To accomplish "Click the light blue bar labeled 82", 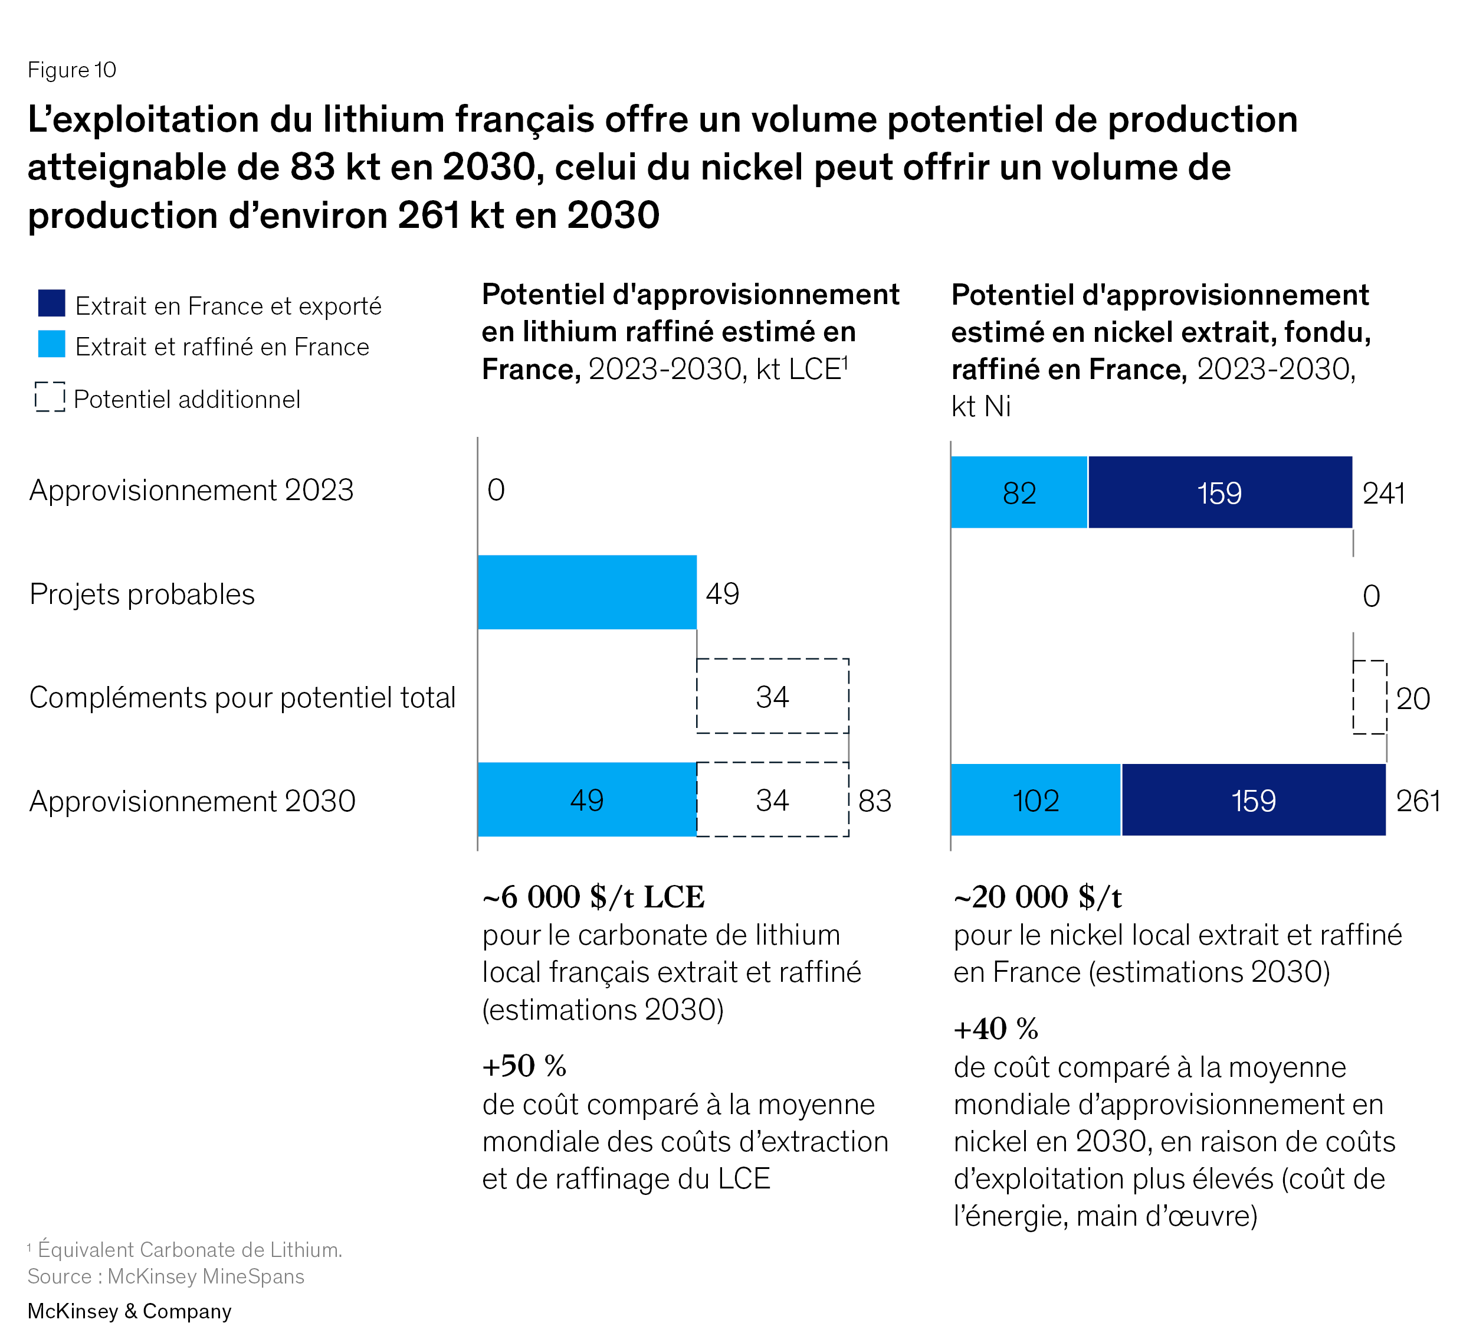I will point(1019,492).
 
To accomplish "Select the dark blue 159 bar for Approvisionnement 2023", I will point(1220,492).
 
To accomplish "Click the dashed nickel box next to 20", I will point(1369,697).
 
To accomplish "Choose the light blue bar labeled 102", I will point(1035,800).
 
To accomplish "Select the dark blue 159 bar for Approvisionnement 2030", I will point(1253,800).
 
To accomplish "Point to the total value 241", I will point(1383,494).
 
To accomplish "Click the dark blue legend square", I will point(51,303).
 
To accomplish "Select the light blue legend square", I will point(51,344).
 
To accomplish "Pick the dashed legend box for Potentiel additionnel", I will point(50,397).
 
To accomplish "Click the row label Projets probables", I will point(142,594).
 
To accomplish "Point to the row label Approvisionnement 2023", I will point(192,490).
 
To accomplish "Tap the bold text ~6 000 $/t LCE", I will point(593,897).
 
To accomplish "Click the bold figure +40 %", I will point(996,1029).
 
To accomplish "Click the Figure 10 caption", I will point(72,70).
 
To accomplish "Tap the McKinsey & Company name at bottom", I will point(129,1311).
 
